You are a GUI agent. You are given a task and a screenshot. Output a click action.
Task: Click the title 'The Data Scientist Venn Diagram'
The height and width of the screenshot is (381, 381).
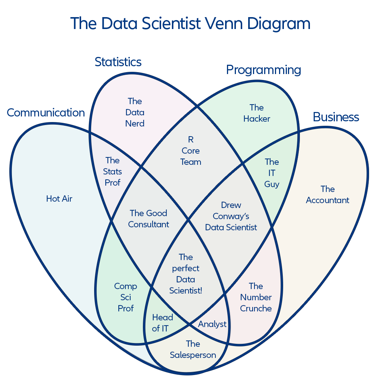click(190, 24)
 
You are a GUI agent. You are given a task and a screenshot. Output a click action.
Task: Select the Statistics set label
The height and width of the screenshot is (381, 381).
click(118, 62)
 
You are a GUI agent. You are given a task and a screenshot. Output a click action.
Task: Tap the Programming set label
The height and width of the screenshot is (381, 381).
click(263, 70)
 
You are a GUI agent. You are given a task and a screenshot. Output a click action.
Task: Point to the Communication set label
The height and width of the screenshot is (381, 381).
click(46, 113)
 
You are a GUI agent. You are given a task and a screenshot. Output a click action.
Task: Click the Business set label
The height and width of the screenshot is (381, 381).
click(336, 117)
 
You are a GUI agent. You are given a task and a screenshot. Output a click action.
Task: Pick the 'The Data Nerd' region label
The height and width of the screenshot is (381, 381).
click(135, 112)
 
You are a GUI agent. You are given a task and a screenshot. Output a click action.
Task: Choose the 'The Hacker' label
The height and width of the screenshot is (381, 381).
click(256, 113)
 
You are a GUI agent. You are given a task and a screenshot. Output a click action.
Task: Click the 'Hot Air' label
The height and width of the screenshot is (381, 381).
click(59, 199)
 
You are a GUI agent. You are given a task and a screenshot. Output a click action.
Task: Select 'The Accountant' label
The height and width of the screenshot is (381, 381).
click(327, 195)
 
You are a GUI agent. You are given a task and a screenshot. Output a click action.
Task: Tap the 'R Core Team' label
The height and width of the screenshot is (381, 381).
click(190, 151)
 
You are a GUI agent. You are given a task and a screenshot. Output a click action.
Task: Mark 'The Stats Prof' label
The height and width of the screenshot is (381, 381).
click(112, 172)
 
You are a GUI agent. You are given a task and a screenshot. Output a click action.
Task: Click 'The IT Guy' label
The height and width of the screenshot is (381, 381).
click(272, 173)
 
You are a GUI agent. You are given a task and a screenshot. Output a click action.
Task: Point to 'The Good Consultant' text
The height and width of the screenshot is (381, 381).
click(148, 219)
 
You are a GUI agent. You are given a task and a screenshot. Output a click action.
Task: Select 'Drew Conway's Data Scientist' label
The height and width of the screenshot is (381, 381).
click(231, 216)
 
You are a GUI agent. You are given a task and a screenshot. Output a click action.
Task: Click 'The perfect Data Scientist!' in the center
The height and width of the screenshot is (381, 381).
click(186, 274)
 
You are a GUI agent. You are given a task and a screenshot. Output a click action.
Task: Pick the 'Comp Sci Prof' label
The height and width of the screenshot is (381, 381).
click(125, 297)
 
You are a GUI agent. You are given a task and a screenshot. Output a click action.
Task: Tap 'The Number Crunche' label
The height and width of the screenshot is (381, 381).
click(256, 297)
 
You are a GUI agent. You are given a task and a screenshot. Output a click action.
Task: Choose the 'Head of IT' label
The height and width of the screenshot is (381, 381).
click(162, 323)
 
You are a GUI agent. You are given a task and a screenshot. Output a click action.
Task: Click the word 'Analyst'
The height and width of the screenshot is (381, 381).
click(212, 324)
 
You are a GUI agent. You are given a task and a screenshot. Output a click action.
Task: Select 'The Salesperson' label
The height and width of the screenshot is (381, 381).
click(193, 349)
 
